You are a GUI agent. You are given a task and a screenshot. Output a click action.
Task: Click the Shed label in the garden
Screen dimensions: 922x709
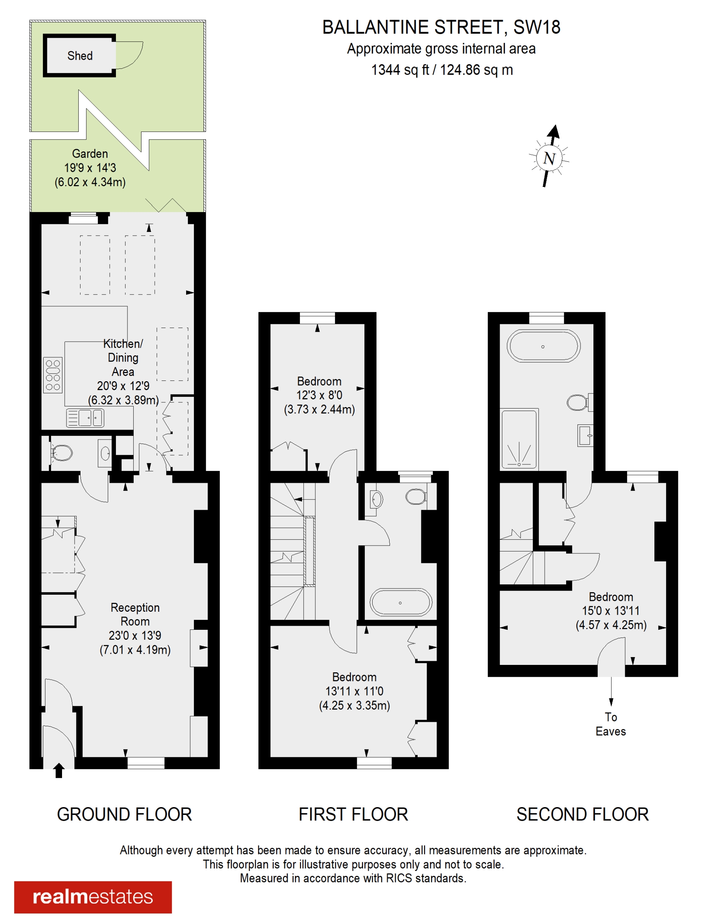tap(80, 56)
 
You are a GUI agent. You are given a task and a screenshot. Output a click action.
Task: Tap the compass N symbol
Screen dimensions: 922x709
tap(549, 158)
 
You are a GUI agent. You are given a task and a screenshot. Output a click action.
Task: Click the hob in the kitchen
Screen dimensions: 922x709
tap(53, 375)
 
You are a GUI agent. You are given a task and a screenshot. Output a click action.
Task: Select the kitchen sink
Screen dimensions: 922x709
tap(86, 418)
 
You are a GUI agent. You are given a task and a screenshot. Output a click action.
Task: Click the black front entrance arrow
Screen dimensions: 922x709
tap(59, 770)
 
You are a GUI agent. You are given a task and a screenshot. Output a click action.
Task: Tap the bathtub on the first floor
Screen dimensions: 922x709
tap(401, 602)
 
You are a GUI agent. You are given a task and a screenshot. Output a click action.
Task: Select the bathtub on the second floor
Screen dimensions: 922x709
tap(543, 346)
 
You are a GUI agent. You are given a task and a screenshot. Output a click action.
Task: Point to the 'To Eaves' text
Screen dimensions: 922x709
tap(610, 724)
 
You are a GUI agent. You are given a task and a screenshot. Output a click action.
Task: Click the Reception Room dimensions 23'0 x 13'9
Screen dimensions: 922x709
tap(135, 635)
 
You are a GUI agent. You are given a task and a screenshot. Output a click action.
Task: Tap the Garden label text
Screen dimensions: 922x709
tap(90, 154)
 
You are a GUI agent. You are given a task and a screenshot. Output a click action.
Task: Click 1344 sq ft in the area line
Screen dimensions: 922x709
tap(399, 70)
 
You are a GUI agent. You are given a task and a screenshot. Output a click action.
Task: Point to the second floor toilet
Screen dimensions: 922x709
tap(577, 402)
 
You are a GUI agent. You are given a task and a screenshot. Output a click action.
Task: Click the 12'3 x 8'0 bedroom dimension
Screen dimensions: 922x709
tap(319, 395)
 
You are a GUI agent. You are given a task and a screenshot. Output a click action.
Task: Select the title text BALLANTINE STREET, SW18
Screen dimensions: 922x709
tap(441, 28)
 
